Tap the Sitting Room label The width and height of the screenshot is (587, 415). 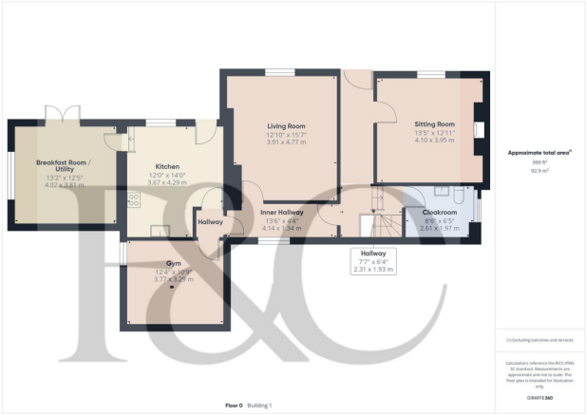coord(434,123)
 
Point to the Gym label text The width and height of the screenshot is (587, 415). coord(173,262)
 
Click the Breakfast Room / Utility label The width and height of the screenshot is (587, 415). coord(60,166)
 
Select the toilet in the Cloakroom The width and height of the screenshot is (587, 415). coord(458,196)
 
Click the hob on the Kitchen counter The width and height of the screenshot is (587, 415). coord(133,199)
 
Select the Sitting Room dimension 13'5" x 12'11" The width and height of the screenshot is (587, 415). coord(434,133)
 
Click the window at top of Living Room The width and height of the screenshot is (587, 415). coord(279,72)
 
